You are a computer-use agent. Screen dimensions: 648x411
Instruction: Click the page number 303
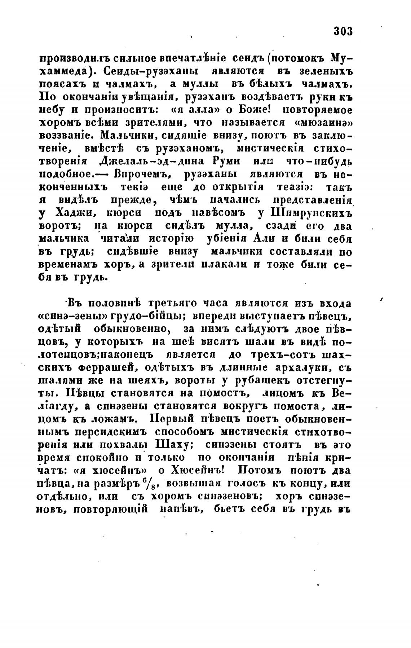pyautogui.click(x=342, y=31)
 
